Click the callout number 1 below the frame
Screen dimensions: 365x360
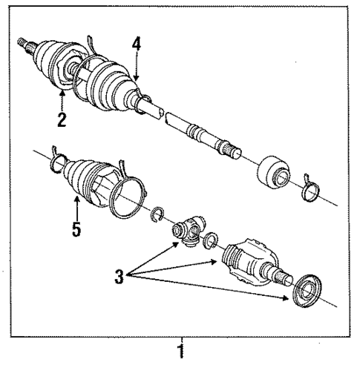click(179, 348)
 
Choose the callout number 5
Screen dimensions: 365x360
click(77, 229)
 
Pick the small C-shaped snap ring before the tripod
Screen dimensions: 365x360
click(158, 215)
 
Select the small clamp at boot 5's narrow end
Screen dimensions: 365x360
click(58, 159)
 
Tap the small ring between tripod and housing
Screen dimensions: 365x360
click(210, 240)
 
